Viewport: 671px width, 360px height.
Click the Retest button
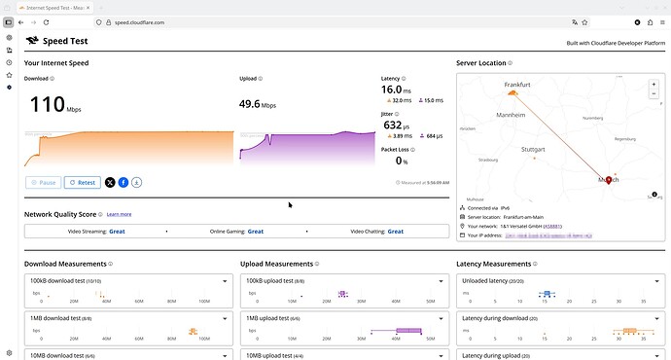82,182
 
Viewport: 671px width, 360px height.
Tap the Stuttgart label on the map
534,150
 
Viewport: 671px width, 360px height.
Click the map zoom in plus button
653,84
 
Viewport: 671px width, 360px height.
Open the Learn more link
119,214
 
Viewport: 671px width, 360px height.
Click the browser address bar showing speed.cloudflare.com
292,20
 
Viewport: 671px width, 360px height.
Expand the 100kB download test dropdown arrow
226,280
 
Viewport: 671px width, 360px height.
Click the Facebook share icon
124,182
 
